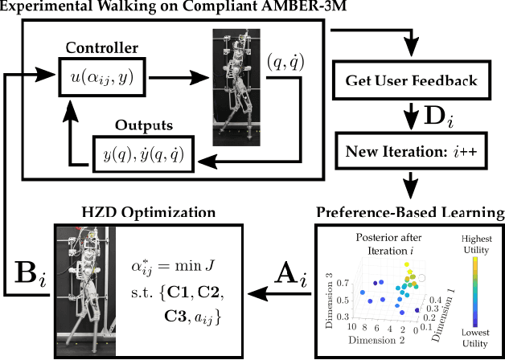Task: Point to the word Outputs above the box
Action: [x=133, y=126]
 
